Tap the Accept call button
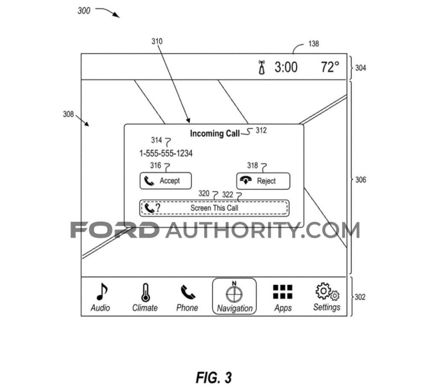(166, 181)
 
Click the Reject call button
(263, 181)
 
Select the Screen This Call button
(214, 208)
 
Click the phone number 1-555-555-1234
(166, 154)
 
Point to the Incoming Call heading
(215, 134)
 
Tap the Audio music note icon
(101, 292)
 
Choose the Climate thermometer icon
(145, 292)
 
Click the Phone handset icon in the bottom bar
(187, 292)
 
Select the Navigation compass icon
(234, 292)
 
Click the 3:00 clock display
(286, 67)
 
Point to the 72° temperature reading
(330, 67)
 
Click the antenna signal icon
(262, 68)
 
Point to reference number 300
(84, 11)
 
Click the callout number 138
(313, 44)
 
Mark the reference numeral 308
(68, 114)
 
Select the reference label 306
(361, 180)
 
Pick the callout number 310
(157, 41)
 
